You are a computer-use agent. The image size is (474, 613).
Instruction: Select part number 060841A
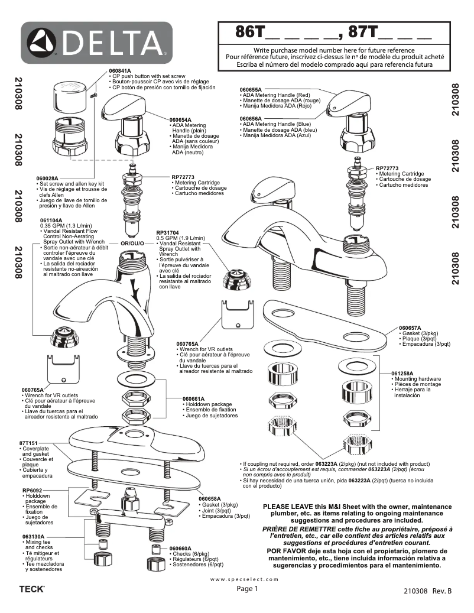[x=120, y=71]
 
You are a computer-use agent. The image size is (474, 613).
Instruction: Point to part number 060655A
[x=251, y=89]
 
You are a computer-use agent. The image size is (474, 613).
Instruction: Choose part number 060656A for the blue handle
[x=251, y=118]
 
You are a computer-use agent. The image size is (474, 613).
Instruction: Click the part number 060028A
[x=48, y=178]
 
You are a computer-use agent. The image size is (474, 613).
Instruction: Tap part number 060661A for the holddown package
[x=194, y=398]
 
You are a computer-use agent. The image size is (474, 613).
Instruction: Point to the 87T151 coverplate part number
[x=29, y=443]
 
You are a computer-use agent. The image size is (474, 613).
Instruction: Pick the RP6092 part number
[x=33, y=490]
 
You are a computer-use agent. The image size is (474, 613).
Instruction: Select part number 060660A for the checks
[x=180, y=548]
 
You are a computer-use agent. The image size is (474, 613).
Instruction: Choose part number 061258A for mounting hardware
[x=402, y=374]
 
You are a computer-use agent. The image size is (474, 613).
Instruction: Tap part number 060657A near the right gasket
[x=410, y=327]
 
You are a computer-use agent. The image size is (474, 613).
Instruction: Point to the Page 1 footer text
[x=248, y=589]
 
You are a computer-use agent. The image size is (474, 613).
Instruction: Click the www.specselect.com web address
[x=244, y=579]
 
